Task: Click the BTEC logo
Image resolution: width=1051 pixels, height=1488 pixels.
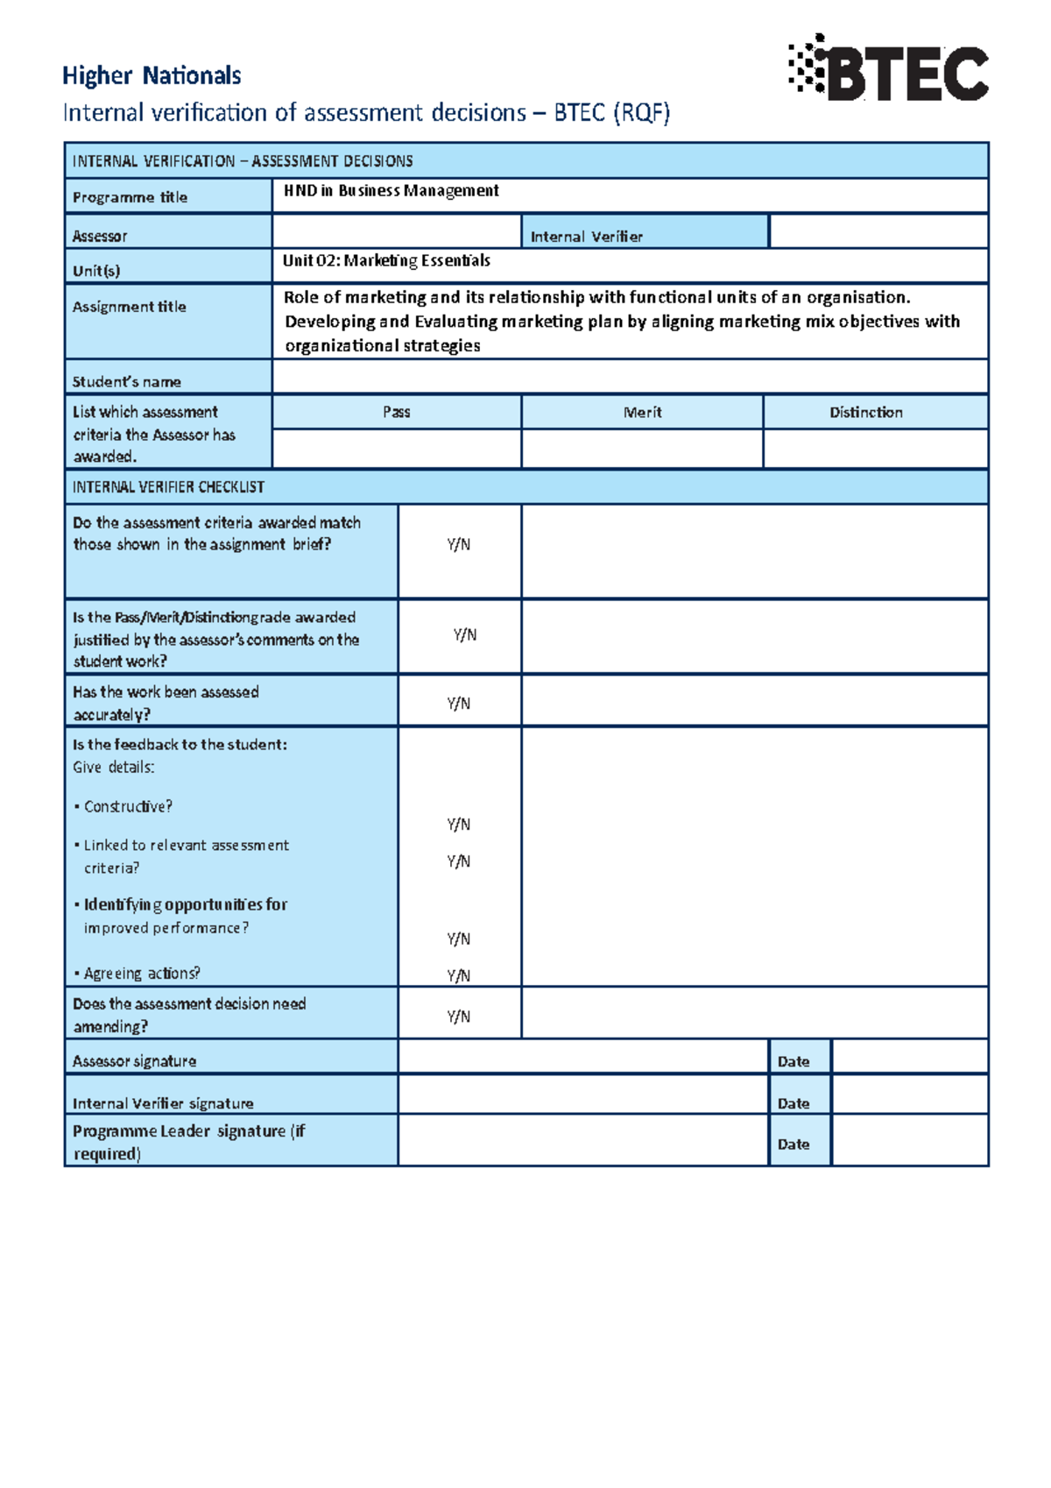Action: [889, 69]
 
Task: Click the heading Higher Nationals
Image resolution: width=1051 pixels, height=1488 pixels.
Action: [152, 76]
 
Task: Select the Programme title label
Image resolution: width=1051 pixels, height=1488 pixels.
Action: [130, 197]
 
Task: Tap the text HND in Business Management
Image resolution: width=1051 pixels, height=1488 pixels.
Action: [391, 191]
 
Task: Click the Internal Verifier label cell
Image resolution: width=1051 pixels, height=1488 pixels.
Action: [586, 237]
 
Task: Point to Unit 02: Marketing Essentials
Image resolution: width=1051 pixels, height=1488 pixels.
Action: [386, 261]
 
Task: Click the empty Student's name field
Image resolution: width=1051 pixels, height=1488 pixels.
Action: [629, 378]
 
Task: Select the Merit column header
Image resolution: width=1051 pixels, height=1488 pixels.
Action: [642, 412]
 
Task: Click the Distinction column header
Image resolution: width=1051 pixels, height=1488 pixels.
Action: [865, 412]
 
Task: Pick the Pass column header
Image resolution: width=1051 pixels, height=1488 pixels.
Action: [396, 412]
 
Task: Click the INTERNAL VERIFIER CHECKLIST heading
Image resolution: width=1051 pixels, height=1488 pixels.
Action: [168, 487]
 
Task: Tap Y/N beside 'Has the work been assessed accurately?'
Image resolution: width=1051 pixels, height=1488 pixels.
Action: [458, 703]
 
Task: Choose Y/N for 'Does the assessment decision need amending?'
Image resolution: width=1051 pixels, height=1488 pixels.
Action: [458, 1017]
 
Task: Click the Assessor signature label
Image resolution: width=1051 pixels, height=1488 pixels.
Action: [134, 1061]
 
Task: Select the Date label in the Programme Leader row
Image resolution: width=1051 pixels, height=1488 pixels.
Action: [794, 1144]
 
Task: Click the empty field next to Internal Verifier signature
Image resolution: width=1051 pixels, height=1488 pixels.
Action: [582, 1095]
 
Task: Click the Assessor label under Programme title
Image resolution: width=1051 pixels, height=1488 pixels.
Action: [100, 237]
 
